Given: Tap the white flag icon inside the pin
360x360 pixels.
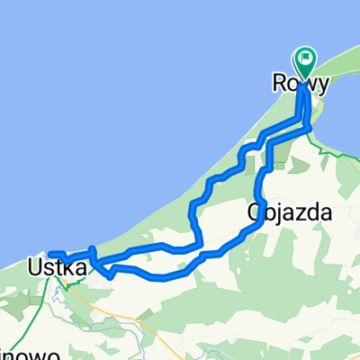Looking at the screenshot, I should (x=306, y=60).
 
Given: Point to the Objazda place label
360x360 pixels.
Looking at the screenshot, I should (x=289, y=213).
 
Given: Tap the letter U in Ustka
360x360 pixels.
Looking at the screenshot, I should (x=34, y=267).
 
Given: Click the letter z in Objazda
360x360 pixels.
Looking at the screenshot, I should (x=296, y=213).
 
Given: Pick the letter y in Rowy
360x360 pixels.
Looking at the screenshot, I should (x=322, y=84).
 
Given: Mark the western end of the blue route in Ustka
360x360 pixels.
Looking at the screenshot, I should (x=49, y=254).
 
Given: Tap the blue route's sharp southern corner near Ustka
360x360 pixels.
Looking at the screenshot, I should (x=110, y=277).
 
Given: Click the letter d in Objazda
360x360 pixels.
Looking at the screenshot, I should (x=314, y=213).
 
